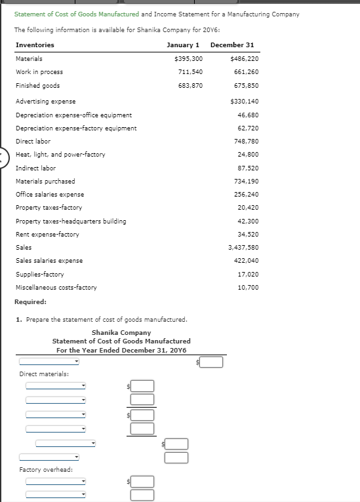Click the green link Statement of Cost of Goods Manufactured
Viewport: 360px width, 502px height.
coord(76,14)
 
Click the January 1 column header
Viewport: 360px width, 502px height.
coord(183,45)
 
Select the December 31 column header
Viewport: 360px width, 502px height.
coord(232,45)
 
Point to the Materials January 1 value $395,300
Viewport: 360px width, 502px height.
coord(189,59)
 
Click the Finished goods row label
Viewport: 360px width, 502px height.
coord(37,86)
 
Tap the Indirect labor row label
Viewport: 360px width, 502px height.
coord(35,168)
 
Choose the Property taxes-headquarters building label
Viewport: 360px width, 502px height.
coord(71,222)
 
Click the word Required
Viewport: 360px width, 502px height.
coord(30,302)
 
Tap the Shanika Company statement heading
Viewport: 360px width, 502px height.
coord(121,333)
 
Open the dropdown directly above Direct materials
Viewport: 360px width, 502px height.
coord(49,361)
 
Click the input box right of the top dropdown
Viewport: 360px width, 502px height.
coord(211,362)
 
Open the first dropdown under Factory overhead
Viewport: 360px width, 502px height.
coord(56,482)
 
